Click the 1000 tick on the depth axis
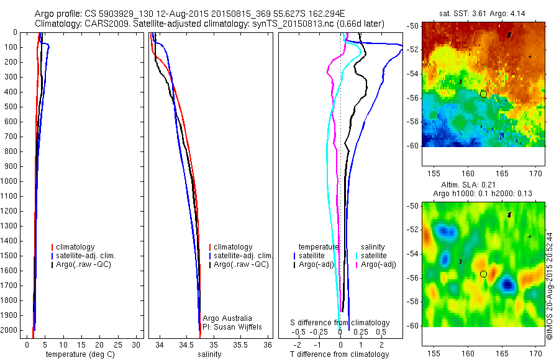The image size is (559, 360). (x=10, y=181)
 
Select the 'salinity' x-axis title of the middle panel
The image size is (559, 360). (x=209, y=354)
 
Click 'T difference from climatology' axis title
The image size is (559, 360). (x=339, y=354)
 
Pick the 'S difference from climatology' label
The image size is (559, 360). (x=340, y=323)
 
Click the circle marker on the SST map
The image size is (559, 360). (x=483, y=94)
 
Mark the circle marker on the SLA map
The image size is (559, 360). (x=483, y=274)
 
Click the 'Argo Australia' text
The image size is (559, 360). (x=227, y=318)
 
